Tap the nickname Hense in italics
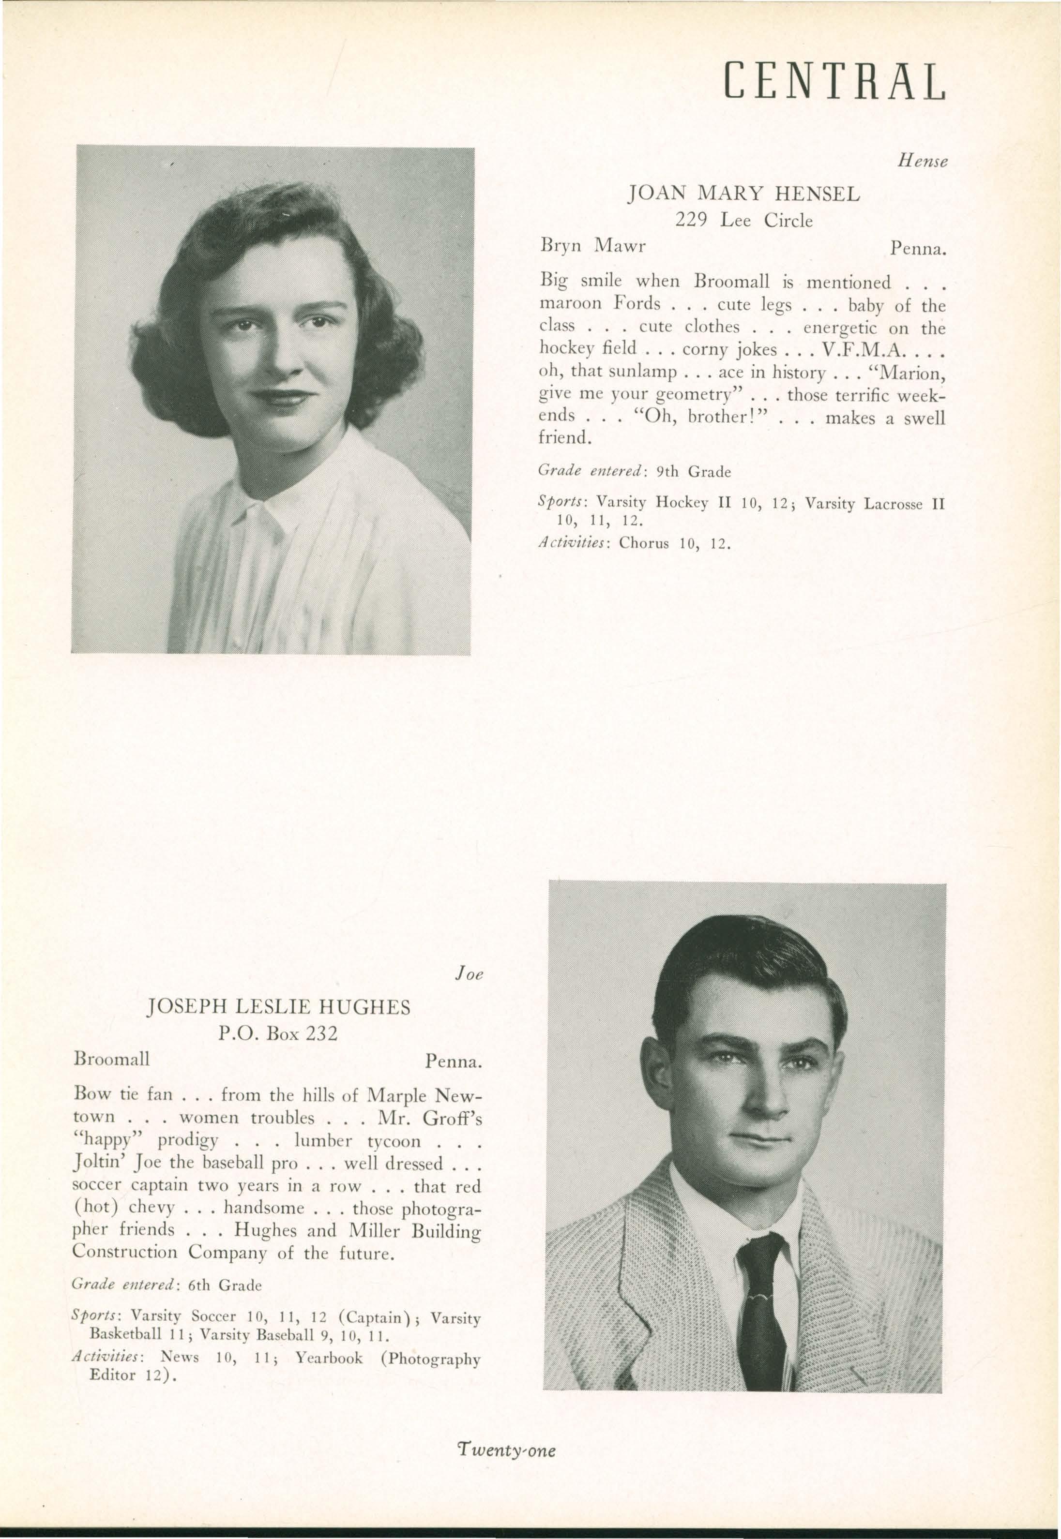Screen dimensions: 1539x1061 click(922, 160)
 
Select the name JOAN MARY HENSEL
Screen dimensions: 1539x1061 click(744, 194)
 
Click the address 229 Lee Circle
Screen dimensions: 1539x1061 click(744, 220)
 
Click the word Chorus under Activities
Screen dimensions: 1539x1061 click(643, 543)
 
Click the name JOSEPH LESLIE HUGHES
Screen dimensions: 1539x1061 click(278, 1007)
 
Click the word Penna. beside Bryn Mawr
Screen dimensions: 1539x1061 click(917, 249)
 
